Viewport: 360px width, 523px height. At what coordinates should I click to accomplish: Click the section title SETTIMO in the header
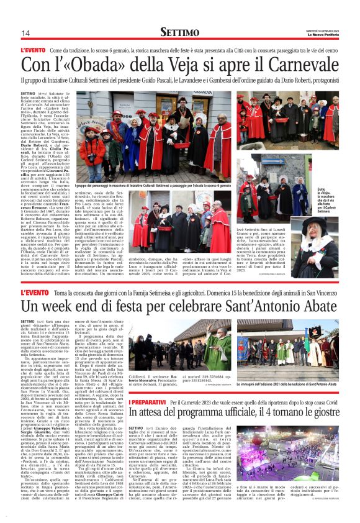[x=179, y=32]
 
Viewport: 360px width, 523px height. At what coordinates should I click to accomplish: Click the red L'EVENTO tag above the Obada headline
[x=33, y=49]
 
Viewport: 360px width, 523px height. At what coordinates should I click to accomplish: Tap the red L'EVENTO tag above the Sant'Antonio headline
[x=33, y=291]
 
